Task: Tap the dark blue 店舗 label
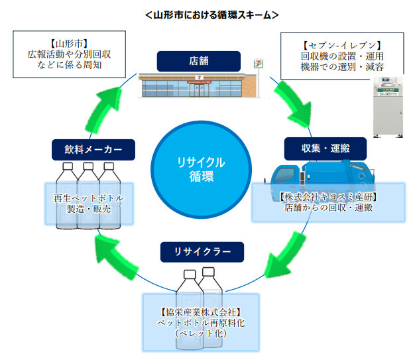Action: click(198, 61)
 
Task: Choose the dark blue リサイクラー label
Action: click(202, 251)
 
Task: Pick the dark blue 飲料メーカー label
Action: click(93, 149)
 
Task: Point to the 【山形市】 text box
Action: click(64, 55)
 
